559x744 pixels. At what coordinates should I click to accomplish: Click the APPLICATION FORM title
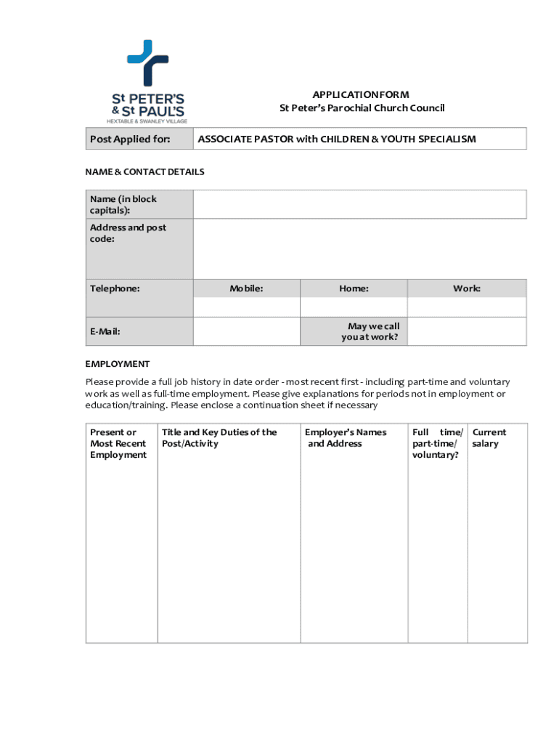tap(361, 94)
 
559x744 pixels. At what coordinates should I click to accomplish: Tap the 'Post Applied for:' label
tap(130, 139)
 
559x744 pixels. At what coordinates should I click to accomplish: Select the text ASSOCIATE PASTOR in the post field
tap(245, 139)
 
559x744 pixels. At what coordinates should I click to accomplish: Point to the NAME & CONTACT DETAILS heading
tap(144, 172)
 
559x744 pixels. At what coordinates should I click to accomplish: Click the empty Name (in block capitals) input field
tap(359, 204)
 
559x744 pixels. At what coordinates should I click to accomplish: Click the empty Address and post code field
tap(359, 248)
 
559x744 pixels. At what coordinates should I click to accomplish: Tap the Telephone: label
tap(115, 288)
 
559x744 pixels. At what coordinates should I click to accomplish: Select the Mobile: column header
tap(246, 288)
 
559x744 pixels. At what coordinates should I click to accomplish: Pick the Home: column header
tap(354, 288)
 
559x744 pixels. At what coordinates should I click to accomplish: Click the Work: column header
tap(467, 288)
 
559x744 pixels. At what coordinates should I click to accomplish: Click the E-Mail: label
tap(105, 331)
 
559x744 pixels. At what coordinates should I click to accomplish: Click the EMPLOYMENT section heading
tap(118, 364)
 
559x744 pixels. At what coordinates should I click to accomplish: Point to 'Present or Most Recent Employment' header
tap(118, 443)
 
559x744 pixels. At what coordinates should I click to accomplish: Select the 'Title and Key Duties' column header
tap(219, 437)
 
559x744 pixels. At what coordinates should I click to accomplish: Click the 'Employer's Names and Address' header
tap(346, 437)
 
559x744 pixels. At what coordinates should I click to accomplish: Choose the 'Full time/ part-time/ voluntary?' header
tap(437, 443)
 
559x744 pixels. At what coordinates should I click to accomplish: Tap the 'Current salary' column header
tap(489, 437)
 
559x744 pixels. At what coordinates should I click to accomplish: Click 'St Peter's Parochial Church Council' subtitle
tap(362, 108)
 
